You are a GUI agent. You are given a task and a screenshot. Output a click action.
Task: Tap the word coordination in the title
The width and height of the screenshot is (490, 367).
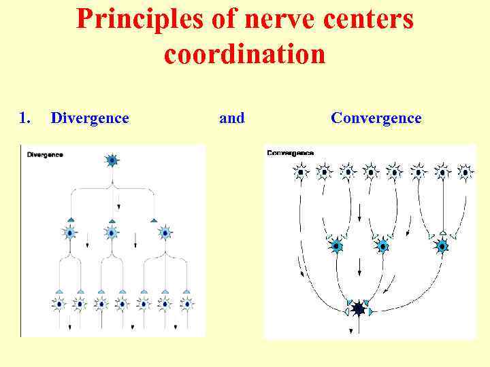click(x=244, y=54)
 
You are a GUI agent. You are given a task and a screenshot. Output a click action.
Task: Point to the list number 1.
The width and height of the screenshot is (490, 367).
click(x=24, y=118)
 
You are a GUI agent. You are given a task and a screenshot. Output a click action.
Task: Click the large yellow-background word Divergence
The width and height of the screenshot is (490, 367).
click(x=90, y=118)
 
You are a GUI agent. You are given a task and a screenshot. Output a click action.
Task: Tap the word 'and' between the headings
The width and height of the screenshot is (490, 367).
click(x=231, y=118)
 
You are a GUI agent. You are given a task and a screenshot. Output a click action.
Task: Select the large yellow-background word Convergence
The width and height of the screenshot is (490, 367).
click(x=376, y=118)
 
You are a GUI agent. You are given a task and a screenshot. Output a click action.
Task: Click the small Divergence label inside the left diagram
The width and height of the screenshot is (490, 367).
click(x=45, y=154)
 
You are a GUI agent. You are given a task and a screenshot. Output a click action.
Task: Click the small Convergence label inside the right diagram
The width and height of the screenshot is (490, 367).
click(x=291, y=153)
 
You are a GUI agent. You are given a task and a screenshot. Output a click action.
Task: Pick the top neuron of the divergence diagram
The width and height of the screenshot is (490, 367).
click(x=112, y=160)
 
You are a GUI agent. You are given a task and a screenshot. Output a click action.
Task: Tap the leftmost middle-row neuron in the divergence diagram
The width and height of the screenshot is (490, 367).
click(x=70, y=232)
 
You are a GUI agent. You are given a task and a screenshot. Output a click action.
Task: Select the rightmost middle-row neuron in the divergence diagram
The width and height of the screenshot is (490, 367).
click(x=165, y=232)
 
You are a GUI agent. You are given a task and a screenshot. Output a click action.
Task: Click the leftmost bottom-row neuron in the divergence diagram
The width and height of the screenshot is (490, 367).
click(x=59, y=303)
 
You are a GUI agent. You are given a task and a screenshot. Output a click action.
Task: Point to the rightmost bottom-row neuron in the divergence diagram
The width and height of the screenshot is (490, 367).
click(x=186, y=303)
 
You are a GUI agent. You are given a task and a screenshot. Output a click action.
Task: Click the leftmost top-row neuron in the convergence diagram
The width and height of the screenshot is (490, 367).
click(x=300, y=172)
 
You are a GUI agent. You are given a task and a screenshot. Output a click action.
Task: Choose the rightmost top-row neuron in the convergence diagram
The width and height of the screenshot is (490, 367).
click(x=465, y=172)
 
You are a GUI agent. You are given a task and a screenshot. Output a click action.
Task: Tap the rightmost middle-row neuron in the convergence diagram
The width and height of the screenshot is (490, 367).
click(x=442, y=245)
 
